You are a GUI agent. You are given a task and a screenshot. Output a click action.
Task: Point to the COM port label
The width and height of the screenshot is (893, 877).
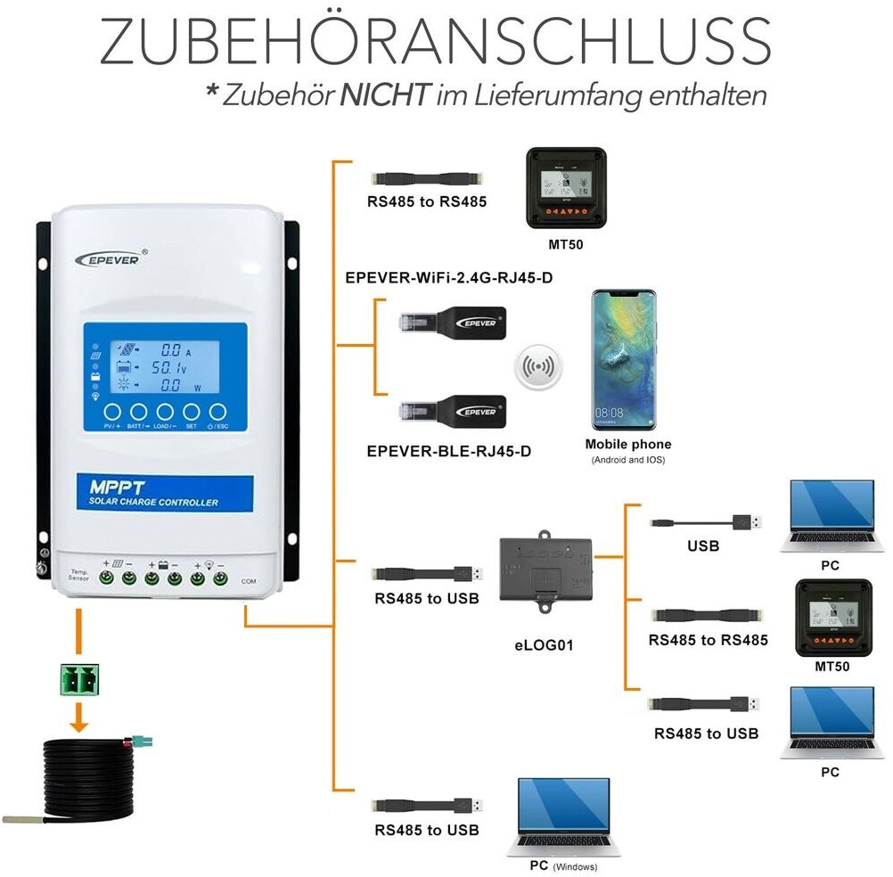pos(248,580)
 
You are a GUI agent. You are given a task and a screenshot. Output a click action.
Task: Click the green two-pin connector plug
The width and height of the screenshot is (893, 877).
pos(78,680)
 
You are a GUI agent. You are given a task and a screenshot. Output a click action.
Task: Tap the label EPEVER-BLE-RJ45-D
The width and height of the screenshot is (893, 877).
pos(449,451)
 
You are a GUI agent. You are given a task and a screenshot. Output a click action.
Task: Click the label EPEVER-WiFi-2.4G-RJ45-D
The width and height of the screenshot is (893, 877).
pos(449,277)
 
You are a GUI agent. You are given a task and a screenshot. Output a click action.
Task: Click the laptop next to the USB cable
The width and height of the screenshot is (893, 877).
pos(830,518)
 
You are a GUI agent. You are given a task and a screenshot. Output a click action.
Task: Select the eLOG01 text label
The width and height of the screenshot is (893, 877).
pos(545,643)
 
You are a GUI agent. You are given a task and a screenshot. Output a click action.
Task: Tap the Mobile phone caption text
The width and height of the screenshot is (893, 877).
pos(628,444)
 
